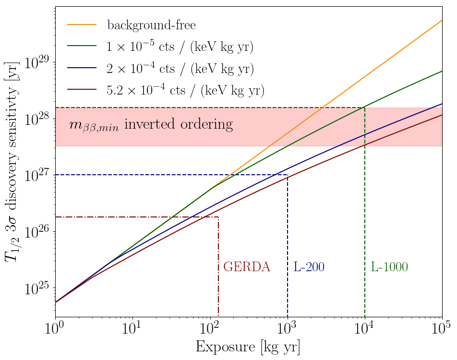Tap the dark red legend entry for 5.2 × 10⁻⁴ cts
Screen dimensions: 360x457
click(x=185, y=90)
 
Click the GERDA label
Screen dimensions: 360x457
click(x=247, y=267)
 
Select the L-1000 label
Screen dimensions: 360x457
click(x=389, y=267)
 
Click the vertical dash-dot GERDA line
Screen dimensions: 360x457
click(x=218, y=288)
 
